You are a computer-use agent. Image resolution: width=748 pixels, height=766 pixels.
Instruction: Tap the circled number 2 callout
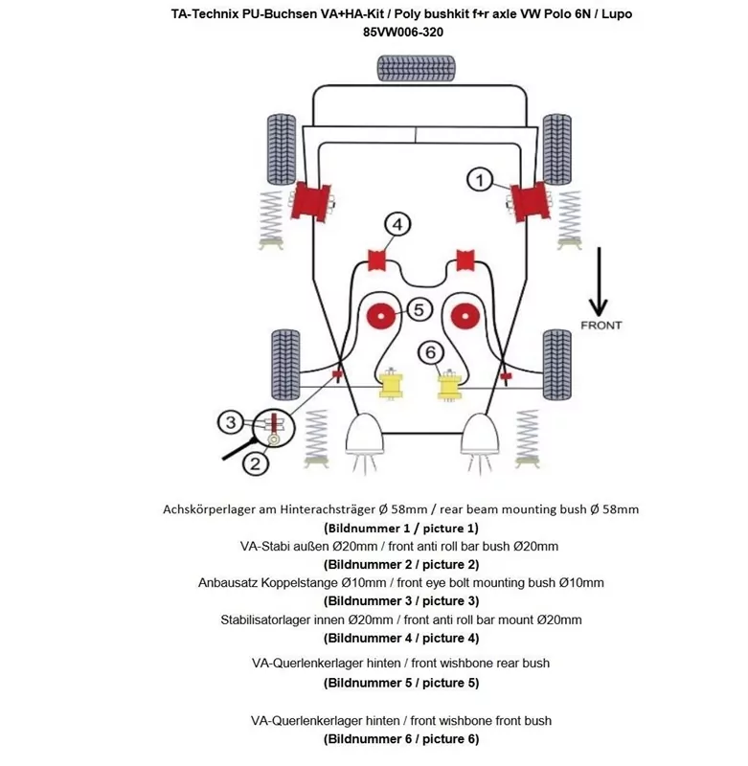point(255,464)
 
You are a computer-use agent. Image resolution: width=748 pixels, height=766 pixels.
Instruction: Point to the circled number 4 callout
point(397,224)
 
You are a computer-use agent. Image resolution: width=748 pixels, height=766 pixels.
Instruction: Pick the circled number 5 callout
point(419,309)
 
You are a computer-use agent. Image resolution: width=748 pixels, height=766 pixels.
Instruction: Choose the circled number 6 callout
point(431,351)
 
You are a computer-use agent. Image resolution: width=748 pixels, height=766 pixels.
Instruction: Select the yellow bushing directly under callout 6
point(450,386)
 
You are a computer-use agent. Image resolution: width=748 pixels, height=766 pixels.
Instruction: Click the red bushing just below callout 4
point(376,259)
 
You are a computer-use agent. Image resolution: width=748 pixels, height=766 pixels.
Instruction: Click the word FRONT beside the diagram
point(601,326)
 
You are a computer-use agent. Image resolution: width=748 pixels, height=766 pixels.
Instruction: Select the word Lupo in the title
point(614,14)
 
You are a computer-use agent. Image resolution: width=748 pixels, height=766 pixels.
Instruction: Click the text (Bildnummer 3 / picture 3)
point(401,600)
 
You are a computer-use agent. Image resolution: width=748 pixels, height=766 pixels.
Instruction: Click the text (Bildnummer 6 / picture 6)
point(401,738)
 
